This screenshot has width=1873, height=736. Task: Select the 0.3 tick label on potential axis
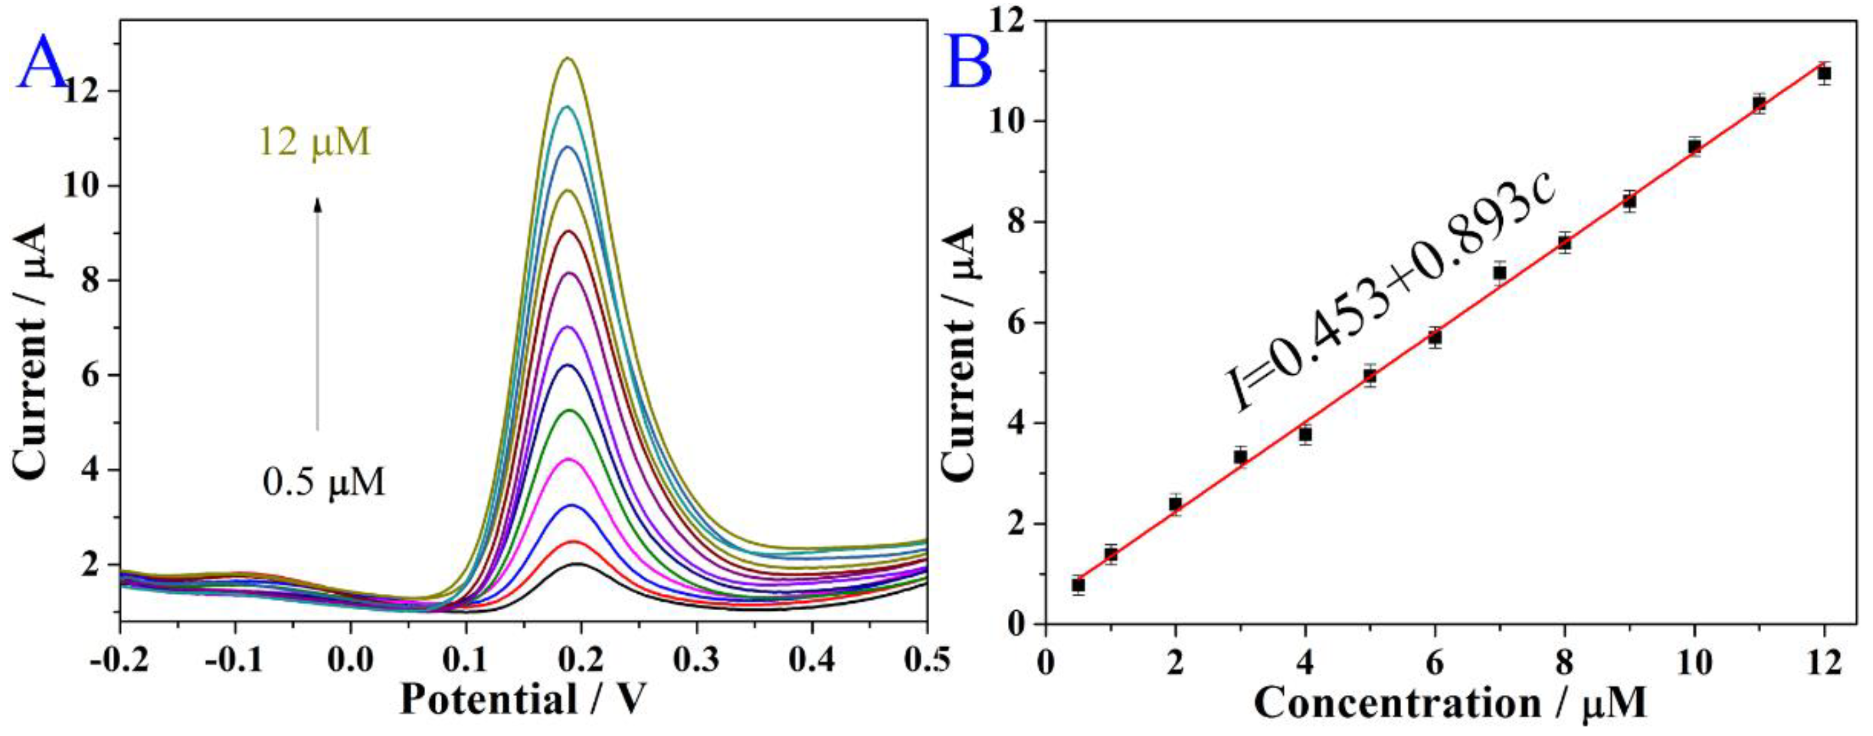[x=696, y=660]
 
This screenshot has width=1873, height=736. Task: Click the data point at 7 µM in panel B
[x=1499, y=272]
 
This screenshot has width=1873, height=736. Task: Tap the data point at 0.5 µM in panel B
[x=1078, y=584]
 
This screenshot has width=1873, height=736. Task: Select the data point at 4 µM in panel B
[x=1305, y=434]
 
